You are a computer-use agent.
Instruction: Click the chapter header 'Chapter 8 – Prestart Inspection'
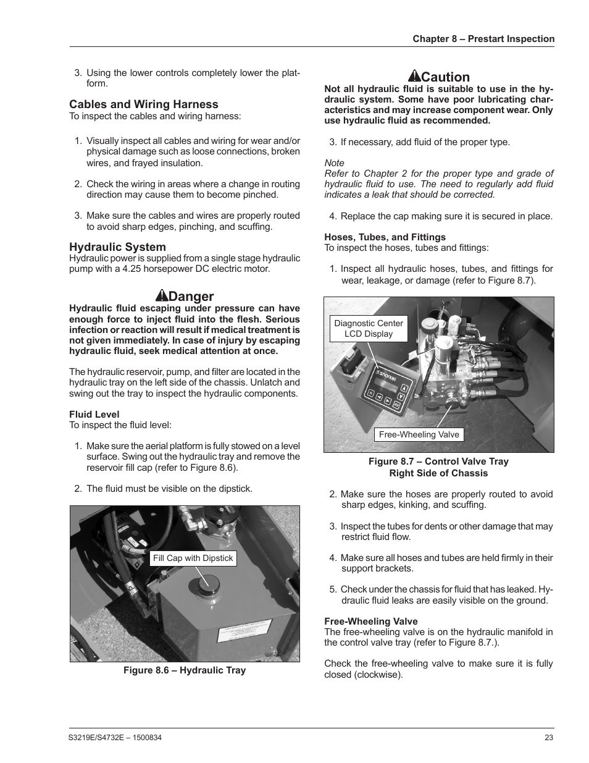click(x=483, y=39)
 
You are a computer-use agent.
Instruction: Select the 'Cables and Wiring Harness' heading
click(x=143, y=104)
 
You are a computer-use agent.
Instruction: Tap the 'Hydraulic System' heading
click(x=117, y=247)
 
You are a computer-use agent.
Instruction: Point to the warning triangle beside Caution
click(x=414, y=77)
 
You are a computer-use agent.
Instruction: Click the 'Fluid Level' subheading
click(x=94, y=415)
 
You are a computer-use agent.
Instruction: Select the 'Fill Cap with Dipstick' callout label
click(x=193, y=559)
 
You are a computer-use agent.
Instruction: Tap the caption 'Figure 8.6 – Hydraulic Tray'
click(x=184, y=670)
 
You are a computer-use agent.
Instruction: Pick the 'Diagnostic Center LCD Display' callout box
click(x=368, y=328)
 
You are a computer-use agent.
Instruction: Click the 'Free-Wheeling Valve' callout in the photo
click(x=419, y=434)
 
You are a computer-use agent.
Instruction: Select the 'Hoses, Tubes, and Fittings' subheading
click(x=385, y=237)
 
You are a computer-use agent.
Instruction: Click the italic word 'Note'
click(x=334, y=163)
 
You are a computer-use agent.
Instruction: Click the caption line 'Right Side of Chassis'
click(x=438, y=473)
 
